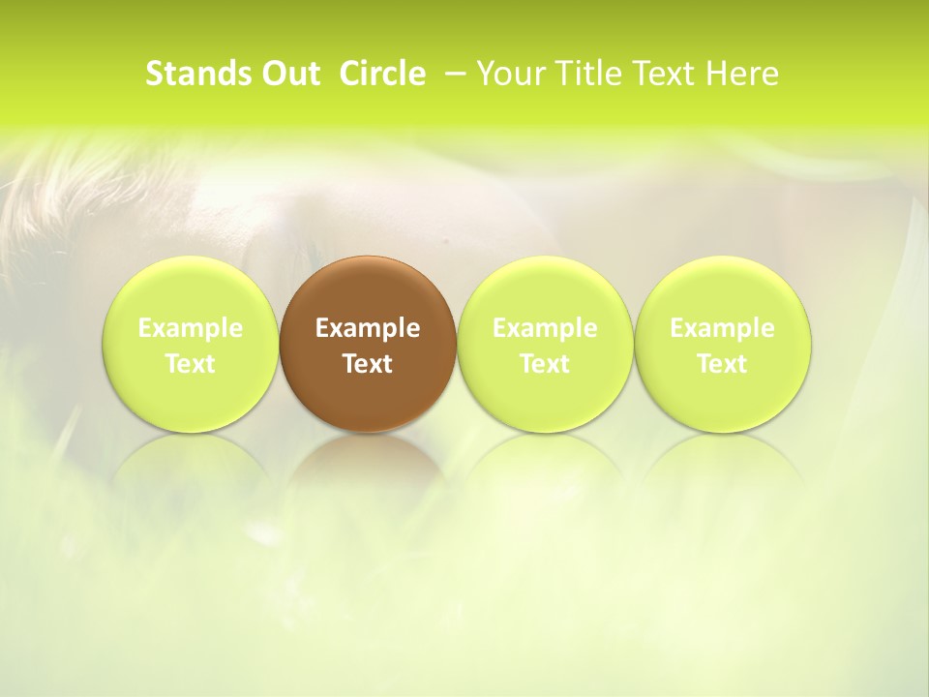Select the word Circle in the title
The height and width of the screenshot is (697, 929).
382,74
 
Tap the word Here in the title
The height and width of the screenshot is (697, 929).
739,74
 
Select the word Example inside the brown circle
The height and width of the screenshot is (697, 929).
368,328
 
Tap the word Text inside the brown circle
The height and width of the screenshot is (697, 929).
368,364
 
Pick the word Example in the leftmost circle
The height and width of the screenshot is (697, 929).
191,328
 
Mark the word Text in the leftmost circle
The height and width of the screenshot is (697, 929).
191,364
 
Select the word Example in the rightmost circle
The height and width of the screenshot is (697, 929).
722,328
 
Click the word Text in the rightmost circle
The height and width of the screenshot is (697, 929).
722,364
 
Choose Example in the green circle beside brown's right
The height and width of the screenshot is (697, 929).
545,328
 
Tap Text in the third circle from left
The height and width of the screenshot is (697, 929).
545,364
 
